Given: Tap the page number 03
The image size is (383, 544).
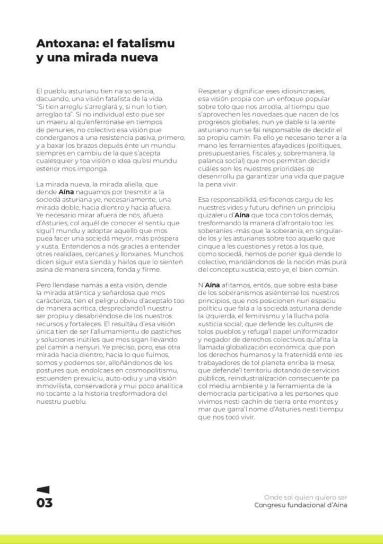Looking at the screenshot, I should pyautogui.click(x=45, y=503).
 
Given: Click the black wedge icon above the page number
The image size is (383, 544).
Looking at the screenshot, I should pyautogui.click(x=43, y=490).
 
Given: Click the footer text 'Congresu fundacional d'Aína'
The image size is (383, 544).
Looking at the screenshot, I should pyautogui.click(x=301, y=505).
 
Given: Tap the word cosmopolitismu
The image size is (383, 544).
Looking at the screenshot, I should pyautogui.click(x=151, y=370).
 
